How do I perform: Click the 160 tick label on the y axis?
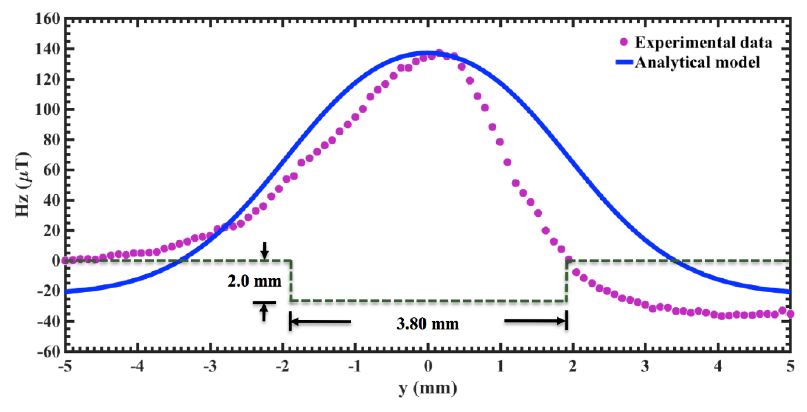[47, 19]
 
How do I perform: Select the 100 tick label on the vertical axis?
[47, 110]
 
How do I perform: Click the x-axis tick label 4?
[718, 366]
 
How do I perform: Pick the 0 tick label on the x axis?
[428, 366]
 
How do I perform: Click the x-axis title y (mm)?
[428, 388]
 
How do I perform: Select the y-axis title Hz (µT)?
[23, 185]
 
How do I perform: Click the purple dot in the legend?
[624, 42]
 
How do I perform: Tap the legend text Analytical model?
[697, 62]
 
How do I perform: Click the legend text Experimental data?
[703, 42]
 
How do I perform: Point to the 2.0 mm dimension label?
[254, 281]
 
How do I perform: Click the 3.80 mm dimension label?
[428, 323]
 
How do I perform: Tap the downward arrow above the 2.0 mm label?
[265, 250]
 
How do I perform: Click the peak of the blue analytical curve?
[428, 53]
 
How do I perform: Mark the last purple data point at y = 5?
[790, 314]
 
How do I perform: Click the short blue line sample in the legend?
[624, 62]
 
